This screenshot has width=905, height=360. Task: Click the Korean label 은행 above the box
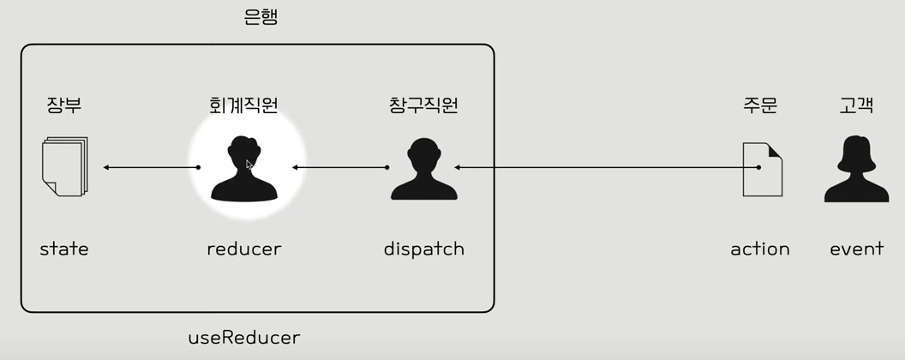(261, 18)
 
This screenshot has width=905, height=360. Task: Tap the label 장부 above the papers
(64, 105)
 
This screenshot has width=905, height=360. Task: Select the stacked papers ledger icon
(64, 166)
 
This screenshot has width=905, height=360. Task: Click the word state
(64, 249)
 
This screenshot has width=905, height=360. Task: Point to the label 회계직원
(244, 105)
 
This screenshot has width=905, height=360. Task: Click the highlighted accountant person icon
(244, 169)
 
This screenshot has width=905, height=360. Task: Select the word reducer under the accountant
(244, 249)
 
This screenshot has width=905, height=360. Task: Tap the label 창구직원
(423, 105)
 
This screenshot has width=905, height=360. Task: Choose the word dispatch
(423, 249)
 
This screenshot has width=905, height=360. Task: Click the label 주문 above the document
(760, 105)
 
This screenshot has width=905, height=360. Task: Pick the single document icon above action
(762, 169)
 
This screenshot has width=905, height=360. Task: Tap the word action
(760, 249)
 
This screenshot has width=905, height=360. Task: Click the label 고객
(856, 105)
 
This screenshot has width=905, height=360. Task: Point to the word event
(856, 249)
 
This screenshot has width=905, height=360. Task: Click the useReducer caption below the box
(244, 338)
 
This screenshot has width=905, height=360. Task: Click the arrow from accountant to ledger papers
(151, 167)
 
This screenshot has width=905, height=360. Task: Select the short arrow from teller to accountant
(340, 167)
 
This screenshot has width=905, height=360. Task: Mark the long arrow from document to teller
(607, 167)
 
